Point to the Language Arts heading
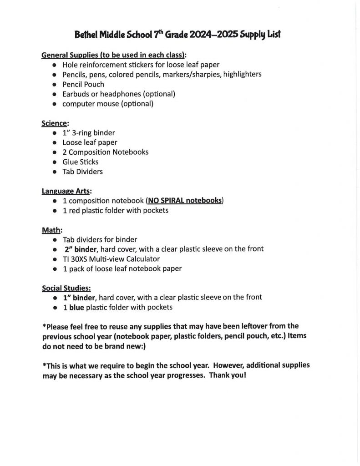pyautogui.click(x=66, y=192)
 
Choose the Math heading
pyautogui.click(x=51, y=230)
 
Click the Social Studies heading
pyautogui.click(x=66, y=288)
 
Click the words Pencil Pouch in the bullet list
pyautogui.click(x=83, y=84)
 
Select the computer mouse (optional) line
pyautogui.click(x=108, y=104)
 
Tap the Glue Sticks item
pyautogui.click(x=81, y=162)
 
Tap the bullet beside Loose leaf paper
pyautogui.click(x=54, y=142)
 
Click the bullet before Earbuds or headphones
pyautogui.click(x=54, y=94)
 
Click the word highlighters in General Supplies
pyautogui.click(x=242, y=74)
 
